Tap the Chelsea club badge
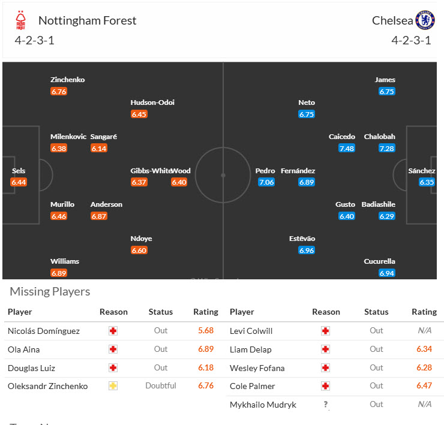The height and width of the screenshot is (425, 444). point(425,20)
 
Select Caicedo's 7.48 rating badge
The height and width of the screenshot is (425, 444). point(346,148)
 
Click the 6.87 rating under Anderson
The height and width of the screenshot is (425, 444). point(98,216)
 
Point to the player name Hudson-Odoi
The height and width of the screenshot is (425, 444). point(152,103)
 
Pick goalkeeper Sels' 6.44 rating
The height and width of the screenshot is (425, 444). point(19,182)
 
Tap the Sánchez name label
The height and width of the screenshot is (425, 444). point(422,171)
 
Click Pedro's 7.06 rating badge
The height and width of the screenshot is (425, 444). point(266,182)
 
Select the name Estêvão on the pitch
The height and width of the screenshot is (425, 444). point(302,239)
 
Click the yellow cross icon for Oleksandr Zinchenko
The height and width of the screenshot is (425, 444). point(113,386)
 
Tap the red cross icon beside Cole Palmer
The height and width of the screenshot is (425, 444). point(325,386)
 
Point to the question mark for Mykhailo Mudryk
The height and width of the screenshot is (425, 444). point(325,405)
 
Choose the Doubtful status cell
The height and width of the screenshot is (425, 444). point(160,386)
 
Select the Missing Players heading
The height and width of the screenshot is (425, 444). point(50,292)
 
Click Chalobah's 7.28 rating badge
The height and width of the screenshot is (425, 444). point(386,148)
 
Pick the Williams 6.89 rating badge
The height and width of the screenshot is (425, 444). point(59,273)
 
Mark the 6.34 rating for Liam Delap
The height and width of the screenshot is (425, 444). point(424,349)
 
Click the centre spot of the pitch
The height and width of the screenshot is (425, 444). point(223,176)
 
